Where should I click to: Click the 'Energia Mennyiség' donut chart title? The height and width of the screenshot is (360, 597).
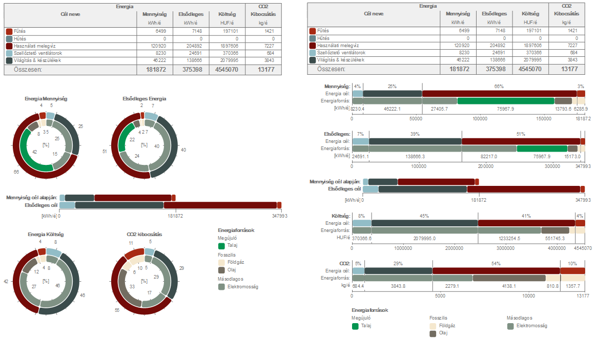[x=46, y=98]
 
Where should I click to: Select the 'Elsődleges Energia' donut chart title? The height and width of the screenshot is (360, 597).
[x=145, y=98]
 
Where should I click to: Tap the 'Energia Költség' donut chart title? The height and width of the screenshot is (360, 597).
[x=46, y=235]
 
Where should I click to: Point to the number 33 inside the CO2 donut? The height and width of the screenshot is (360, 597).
[x=132, y=287]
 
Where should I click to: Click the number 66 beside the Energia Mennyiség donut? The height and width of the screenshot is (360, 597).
[x=16, y=173]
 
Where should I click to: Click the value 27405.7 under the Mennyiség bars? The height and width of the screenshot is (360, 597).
[x=439, y=109]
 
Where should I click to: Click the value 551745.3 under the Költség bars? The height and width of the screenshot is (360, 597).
[x=555, y=239]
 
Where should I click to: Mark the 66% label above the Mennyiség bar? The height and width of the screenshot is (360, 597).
[x=499, y=87]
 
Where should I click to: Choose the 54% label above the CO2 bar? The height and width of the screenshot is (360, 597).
[x=496, y=263]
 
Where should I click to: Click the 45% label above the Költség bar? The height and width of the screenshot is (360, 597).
[x=424, y=216]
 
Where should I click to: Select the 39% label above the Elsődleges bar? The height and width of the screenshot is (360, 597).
[x=415, y=134]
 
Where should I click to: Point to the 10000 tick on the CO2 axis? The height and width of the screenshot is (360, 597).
[x=528, y=296]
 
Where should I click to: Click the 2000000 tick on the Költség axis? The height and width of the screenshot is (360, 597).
[x=455, y=248]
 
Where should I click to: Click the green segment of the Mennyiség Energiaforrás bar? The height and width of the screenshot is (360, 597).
[x=505, y=101]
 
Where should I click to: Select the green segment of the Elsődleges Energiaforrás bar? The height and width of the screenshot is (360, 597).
[x=541, y=149]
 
